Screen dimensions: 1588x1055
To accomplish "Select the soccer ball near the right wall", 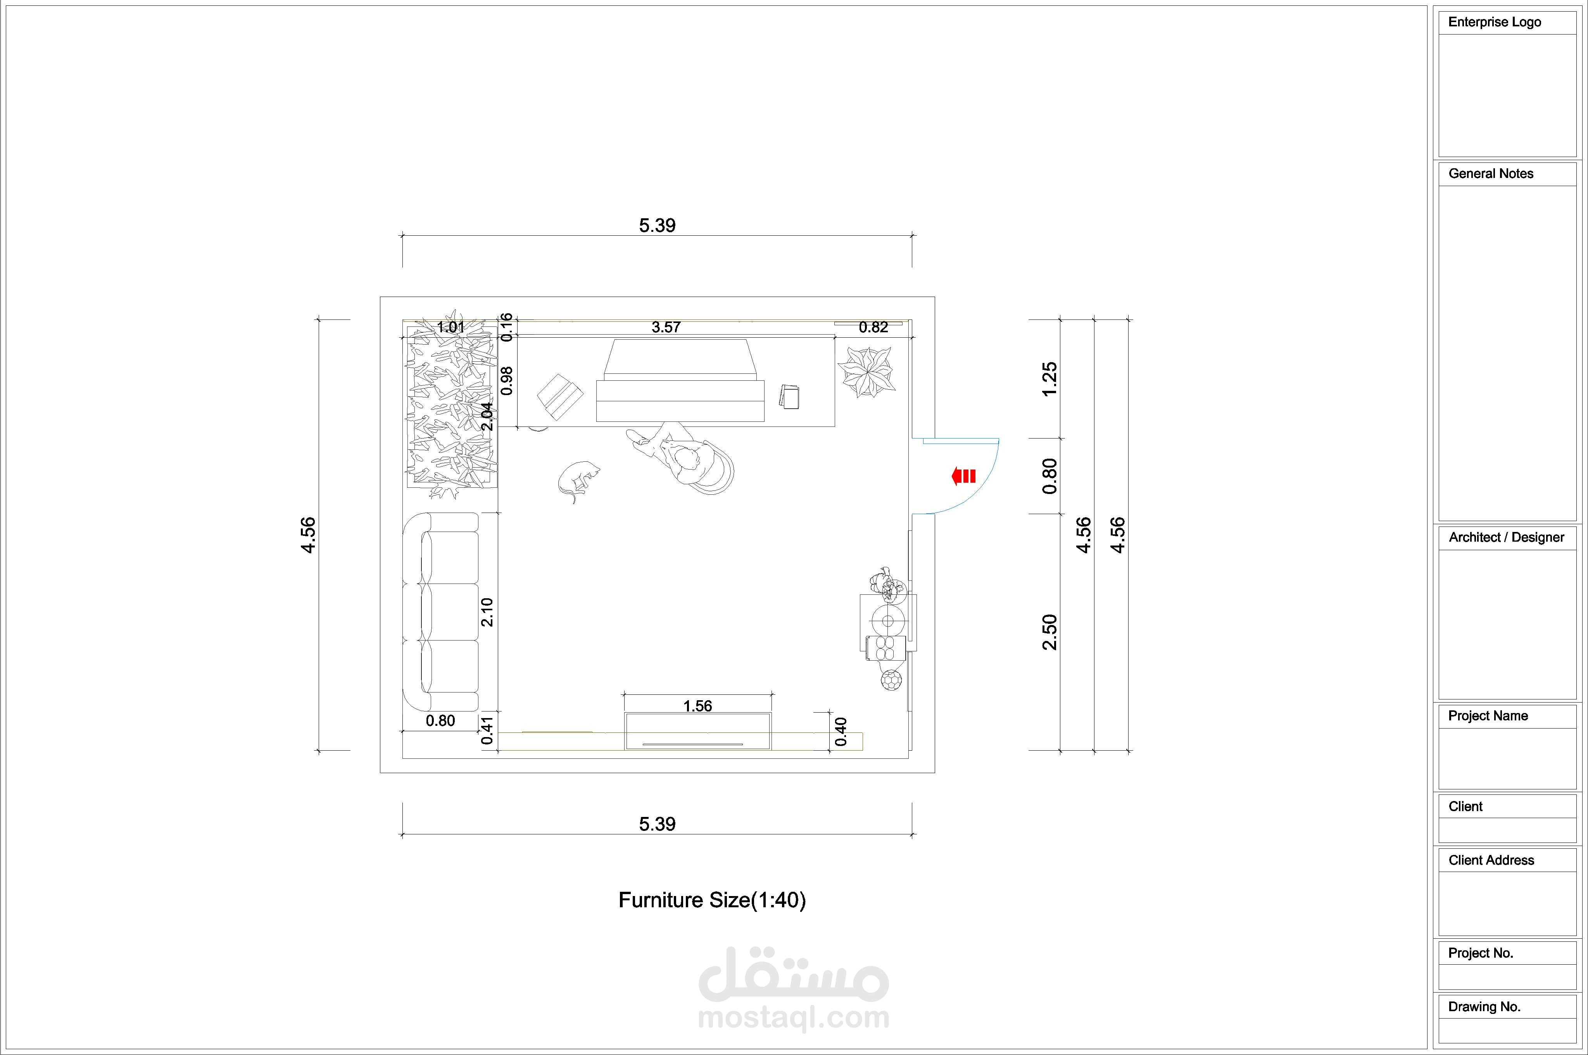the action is point(891,680).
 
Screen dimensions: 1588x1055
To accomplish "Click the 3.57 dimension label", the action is point(666,327).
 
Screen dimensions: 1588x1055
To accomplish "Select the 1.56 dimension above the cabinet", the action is point(697,706).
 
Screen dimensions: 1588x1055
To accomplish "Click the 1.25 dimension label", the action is point(1049,380).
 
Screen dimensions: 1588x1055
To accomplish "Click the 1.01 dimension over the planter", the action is point(451,328).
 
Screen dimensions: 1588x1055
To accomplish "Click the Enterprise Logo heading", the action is point(1495,22).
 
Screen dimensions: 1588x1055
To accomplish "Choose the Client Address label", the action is point(1491,860).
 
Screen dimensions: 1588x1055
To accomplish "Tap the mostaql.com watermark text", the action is point(794,1017).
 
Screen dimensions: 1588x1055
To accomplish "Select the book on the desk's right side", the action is point(790,397).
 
